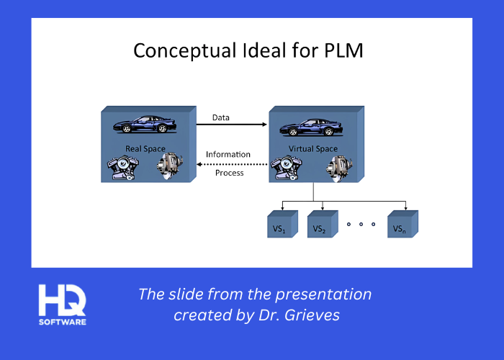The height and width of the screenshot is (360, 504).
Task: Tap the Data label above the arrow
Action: click(221, 117)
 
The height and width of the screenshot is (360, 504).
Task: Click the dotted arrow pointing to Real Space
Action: click(232, 164)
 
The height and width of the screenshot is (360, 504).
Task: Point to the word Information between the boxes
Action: click(228, 154)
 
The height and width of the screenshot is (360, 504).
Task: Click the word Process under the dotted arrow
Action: click(230, 173)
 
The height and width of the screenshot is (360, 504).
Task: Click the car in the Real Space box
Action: click(145, 125)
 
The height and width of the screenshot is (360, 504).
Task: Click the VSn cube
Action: click(400, 227)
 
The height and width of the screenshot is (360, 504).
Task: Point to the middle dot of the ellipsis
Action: click(361, 224)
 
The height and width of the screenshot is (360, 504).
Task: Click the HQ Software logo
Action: click(63, 304)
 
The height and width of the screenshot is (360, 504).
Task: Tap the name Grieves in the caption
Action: click(318, 315)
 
